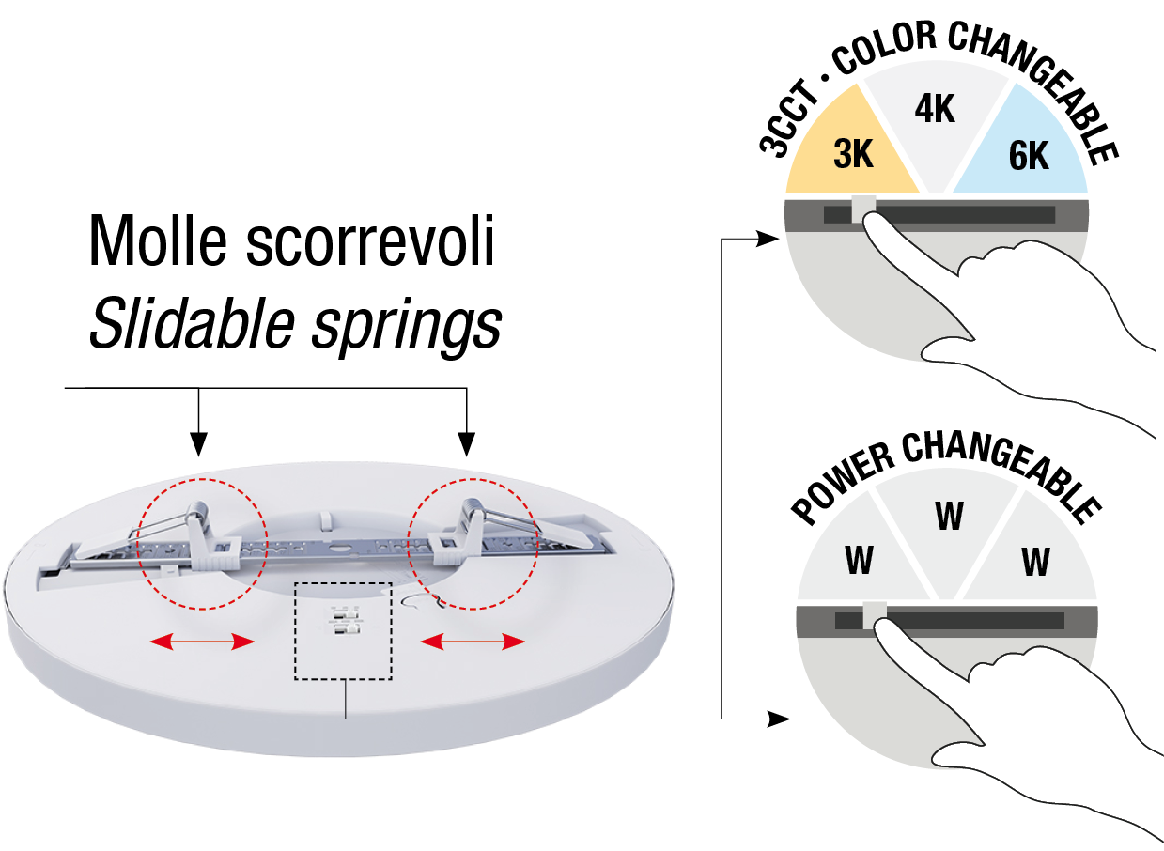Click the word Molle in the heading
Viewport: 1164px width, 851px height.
point(156,240)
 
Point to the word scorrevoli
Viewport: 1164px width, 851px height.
point(370,240)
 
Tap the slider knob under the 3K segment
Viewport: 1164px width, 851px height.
point(862,209)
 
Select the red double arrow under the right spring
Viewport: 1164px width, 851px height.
point(473,642)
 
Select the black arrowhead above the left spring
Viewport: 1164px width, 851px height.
point(197,443)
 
